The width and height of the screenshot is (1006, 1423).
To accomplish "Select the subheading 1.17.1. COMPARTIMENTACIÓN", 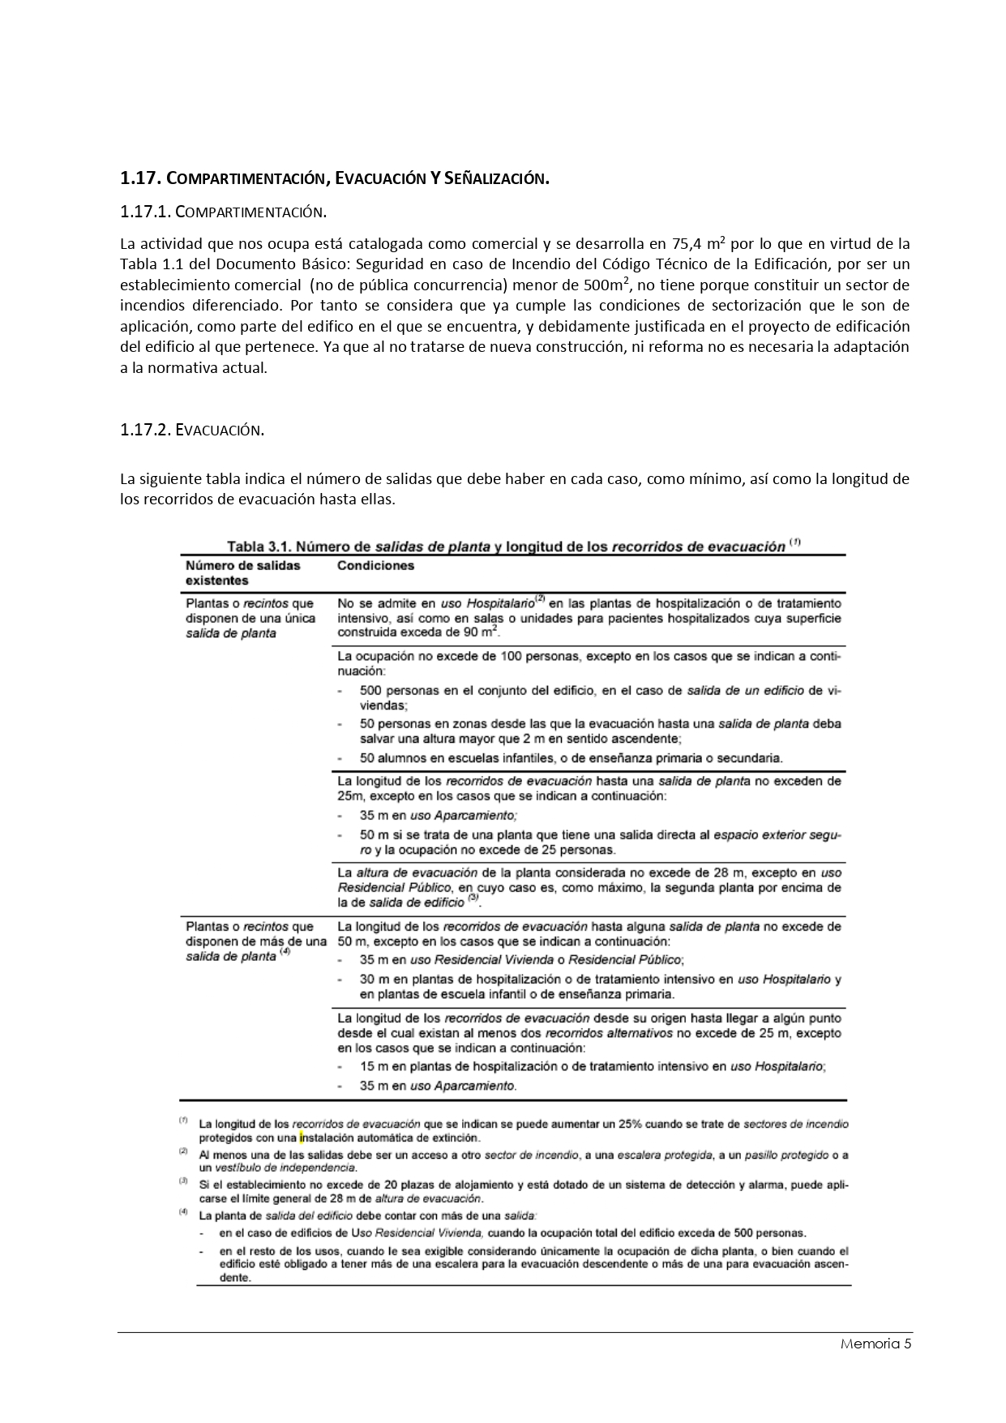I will tap(223, 212).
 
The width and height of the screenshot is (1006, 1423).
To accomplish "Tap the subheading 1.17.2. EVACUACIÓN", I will tap(192, 431).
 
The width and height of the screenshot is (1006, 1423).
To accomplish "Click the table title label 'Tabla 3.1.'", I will tap(257, 546).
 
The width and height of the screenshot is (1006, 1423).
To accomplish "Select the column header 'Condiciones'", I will tap(375, 566).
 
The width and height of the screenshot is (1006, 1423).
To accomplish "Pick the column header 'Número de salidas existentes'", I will tap(243, 573).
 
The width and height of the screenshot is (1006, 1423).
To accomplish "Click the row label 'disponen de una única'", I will tap(249, 619).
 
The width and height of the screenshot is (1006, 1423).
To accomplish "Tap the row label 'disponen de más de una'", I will tap(255, 941).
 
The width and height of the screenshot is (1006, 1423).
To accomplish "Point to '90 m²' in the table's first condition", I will tap(477, 632).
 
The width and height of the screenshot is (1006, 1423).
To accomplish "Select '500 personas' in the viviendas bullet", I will tap(396, 691).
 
